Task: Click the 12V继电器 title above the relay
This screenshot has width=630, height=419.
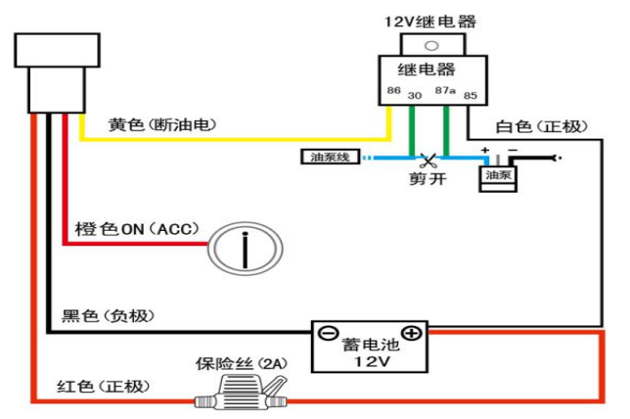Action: click(x=429, y=22)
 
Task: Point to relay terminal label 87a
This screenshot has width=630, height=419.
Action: click(x=445, y=91)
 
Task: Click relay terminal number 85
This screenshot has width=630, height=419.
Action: click(x=470, y=95)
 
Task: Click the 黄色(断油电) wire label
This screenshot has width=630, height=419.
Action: click(x=162, y=125)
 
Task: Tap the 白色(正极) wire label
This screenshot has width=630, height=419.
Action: click(x=539, y=126)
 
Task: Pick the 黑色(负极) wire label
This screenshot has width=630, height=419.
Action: click(x=108, y=315)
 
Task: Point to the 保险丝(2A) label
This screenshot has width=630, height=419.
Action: click(x=240, y=363)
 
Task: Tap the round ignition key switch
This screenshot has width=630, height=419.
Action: click(x=245, y=245)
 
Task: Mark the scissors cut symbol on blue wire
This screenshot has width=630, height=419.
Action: click(x=427, y=160)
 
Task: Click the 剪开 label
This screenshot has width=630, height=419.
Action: click(x=427, y=179)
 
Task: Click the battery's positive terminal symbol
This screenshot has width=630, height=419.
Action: click(x=412, y=334)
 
